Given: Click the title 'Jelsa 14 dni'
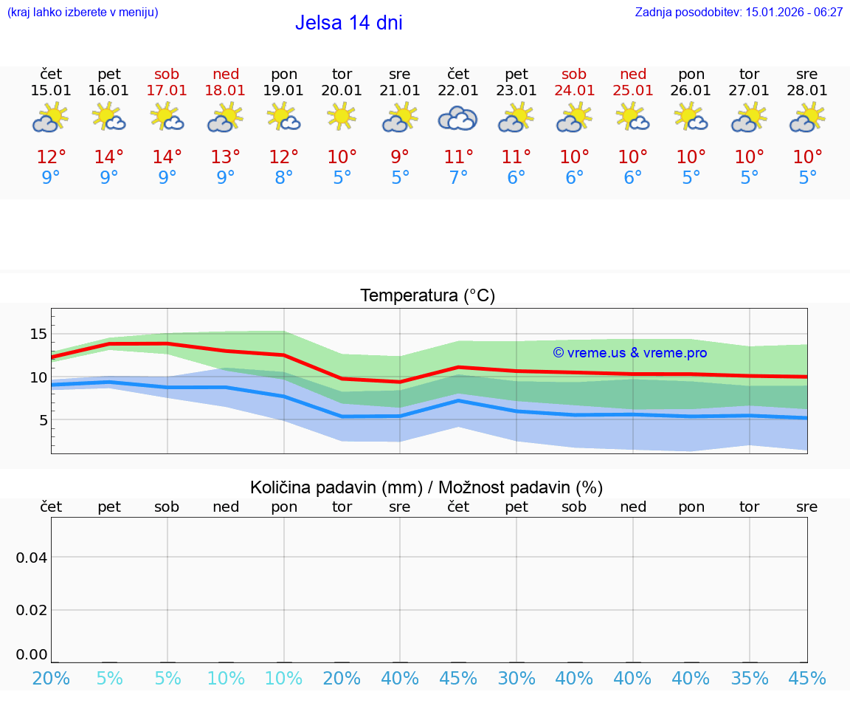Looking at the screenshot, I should point(348,23).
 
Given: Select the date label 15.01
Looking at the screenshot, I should point(51,91).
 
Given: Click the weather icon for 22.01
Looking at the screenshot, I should point(458,118).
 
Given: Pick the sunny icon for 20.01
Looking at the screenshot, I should point(342,117).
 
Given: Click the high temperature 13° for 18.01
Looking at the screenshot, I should point(226,157).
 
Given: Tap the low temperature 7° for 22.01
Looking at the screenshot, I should point(458,178).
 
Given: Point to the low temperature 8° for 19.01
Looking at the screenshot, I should point(284,178).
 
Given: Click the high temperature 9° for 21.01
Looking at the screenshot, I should point(400,157).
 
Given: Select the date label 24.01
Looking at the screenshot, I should point(574,91).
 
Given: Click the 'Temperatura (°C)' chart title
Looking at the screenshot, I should point(427,296).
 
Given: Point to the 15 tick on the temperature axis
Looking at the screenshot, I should point(38,335).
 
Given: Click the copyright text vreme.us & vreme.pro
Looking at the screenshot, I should point(629,353).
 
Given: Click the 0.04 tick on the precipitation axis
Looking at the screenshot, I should point(32,558).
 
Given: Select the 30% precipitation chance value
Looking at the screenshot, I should point(516,678).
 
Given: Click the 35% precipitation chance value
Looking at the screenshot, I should point(750,678).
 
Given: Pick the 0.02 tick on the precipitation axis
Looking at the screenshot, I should point(32,610).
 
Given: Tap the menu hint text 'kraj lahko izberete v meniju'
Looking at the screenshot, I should point(83,12).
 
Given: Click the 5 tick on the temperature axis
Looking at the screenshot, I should point(41,420).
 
